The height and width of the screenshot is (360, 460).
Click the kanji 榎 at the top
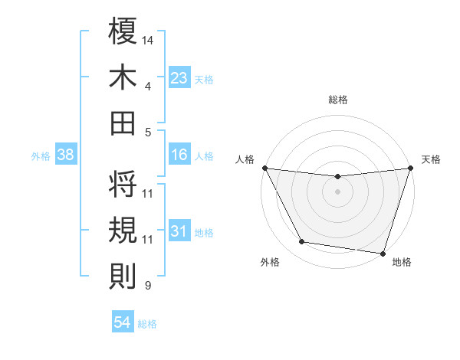click(123, 32)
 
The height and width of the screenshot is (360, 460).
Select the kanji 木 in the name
click(123, 77)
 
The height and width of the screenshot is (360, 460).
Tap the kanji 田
click(123, 123)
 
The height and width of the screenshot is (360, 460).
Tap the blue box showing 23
click(179, 78)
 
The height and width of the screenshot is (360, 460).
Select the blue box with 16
click(179, 155)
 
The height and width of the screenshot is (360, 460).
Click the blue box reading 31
click(179, 231)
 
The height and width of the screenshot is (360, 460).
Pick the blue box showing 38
click(66, 155)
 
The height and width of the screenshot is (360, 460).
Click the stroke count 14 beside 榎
click(148, 38)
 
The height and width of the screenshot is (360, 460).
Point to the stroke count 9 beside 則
click(148, 286)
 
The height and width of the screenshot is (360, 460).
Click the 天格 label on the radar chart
click(431, 159)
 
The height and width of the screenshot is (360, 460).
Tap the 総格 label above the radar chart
click(337, 100)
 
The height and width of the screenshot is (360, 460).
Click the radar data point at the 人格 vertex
click(264, 168)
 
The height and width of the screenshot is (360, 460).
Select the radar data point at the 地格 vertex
click(382, 253)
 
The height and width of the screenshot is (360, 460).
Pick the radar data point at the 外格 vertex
click(302, 242)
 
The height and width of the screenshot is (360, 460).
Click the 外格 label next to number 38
click(41, 155)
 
